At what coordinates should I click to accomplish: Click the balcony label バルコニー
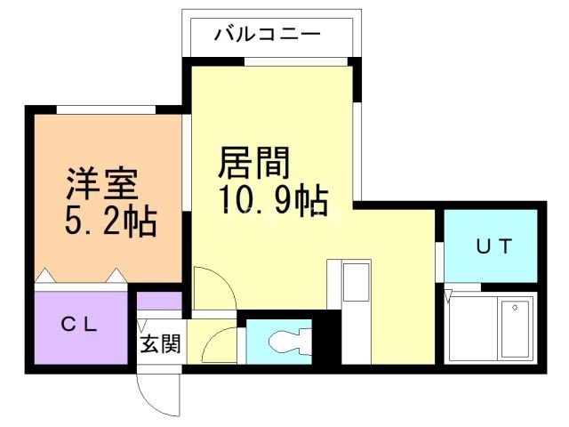tap(267, 36)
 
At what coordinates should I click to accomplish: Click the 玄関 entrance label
tap(160, 344)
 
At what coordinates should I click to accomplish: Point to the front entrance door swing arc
tap(156, 391)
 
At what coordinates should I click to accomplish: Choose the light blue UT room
tap(491, 245)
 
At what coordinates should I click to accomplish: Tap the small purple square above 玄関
tap(160, 302)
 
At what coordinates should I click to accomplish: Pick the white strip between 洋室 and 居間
tap(187, 165)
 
